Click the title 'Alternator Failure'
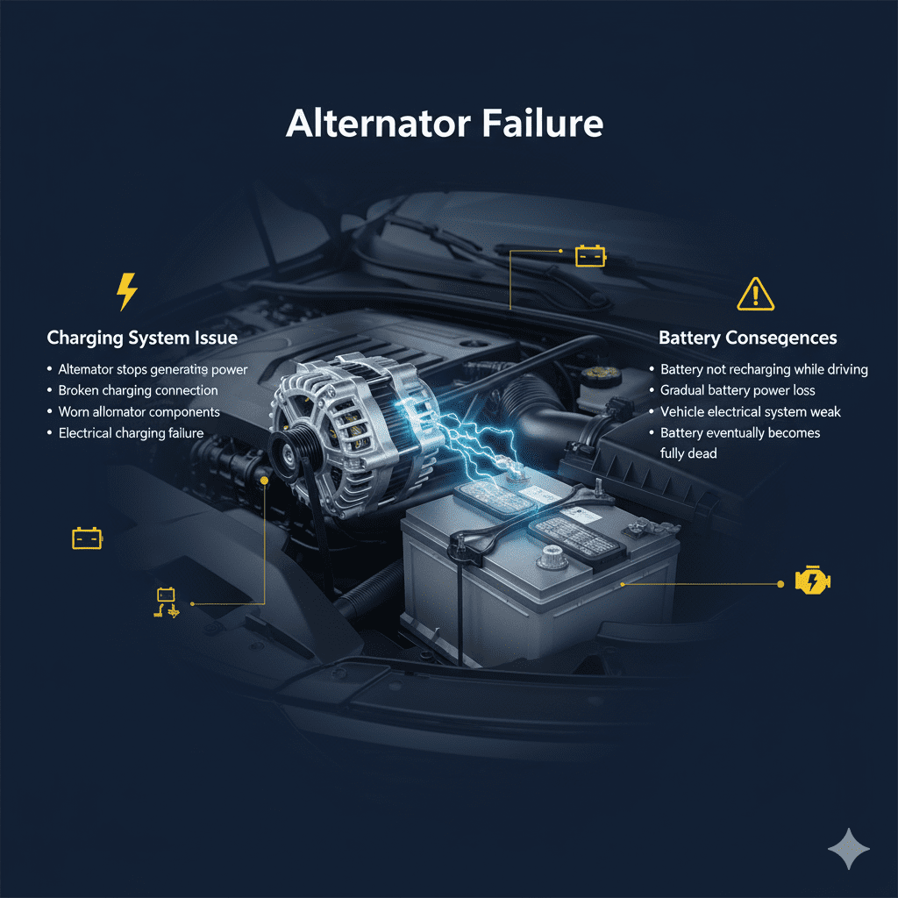coord(445,124)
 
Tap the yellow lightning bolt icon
coord(127,291)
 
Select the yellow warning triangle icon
coord(755,294)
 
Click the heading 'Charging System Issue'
coord(141,338)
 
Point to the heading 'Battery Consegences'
coord(747,338)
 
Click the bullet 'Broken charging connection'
coord(138,390)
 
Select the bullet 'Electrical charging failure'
coord(131,432)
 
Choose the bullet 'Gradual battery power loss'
coord(738,390)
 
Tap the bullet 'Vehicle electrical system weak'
coord(751,411)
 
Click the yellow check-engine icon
coord(812,581)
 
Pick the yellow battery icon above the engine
coord(589,255)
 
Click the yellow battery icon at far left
coord(87,538)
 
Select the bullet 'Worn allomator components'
coord(139,411)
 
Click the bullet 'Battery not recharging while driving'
coord(764,369)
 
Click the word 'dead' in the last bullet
coord(703,453)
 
